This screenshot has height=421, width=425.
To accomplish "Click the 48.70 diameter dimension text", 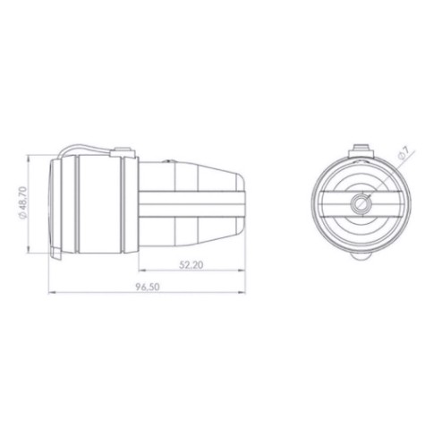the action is [23, 203].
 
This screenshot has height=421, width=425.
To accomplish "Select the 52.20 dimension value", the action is [191, 265].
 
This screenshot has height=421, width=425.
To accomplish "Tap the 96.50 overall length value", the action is [148, 287].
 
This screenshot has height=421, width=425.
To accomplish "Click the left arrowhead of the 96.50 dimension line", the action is [51, 293].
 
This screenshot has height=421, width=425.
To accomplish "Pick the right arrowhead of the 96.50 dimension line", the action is [242, 293].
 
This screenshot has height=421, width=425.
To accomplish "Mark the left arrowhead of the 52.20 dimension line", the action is [141, 271].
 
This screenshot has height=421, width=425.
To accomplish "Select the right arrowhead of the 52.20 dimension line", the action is [242, 271].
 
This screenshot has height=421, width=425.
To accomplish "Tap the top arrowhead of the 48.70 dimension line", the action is [29, 158].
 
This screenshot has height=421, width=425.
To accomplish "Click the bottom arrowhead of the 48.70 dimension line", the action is [29, 250].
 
